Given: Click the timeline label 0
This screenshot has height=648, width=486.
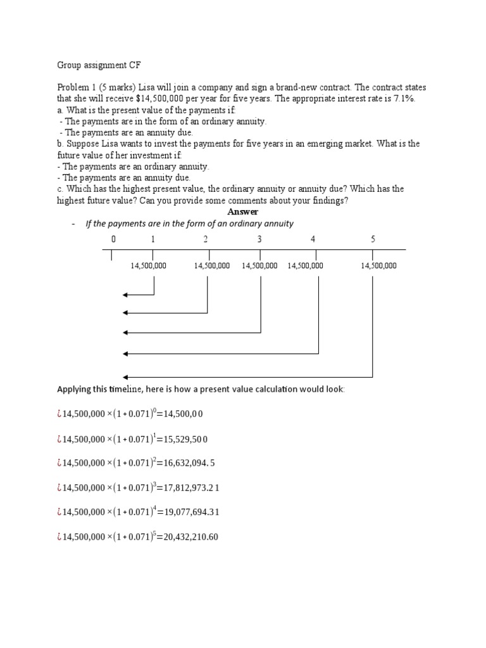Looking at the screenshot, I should pyautogui.click(x=113, y=239).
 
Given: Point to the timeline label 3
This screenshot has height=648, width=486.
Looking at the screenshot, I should pyautogui.click(x=259, y=239).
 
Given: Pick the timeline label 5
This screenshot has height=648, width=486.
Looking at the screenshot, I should pyautogui.click(x=373, y=239).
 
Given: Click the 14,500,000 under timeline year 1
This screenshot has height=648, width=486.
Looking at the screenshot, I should pyautogui.click(x=148, y=266).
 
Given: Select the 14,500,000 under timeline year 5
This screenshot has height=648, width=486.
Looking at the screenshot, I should pyautogui.click(x=378, y=266).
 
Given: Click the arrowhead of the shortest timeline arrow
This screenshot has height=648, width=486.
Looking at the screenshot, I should pyautogui.click(x=125, y=295).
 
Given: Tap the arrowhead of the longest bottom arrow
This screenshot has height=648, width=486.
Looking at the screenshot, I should pyautogui.click(x=125, y=375).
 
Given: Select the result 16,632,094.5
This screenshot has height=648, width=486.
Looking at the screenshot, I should pyautogui.click(x=185, y=463).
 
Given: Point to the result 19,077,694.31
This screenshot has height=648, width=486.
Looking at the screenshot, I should pyautogui.click(x=188, y=512).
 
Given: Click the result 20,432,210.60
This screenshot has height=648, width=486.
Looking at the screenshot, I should pyautogui.click(x=188, y=537).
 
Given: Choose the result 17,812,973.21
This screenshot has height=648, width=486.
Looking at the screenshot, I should pyautogui.click(x=188, y=488).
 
